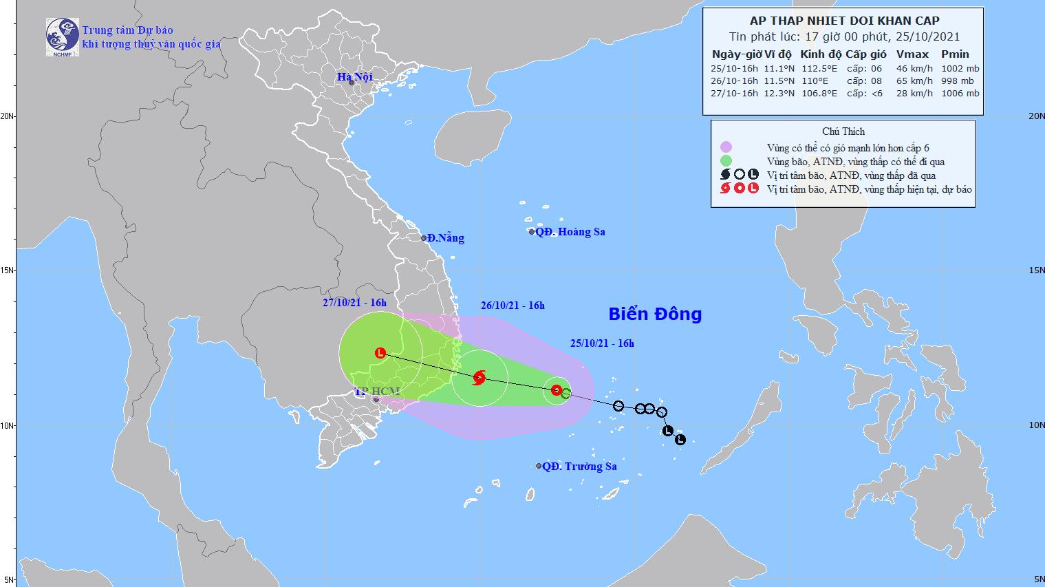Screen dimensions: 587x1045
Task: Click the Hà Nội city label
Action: [x=354, y=76]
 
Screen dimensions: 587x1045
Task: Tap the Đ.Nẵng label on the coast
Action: [x=444, y=238]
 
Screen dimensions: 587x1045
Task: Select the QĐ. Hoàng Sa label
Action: [x=570, y=232]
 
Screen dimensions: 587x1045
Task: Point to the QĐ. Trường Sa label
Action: [x=579, y=467]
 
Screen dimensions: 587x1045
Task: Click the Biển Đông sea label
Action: [x=655, y=314]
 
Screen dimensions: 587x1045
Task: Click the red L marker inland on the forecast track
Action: [x=380, y=353]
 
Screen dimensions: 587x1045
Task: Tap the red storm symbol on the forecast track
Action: [x=480, y=377]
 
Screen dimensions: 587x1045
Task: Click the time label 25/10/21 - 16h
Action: [x=602, y=344]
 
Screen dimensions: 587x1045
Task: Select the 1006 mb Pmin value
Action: [x=962, y=94]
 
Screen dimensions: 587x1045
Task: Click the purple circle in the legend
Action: [x=726, y=147]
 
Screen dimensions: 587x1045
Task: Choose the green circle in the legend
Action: [x=726, y=161]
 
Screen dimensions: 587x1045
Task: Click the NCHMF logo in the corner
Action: [x=62, y=36]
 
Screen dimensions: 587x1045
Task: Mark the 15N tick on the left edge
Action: [x=8, y=270]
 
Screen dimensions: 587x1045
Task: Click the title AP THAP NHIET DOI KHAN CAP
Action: [x=843, y=21]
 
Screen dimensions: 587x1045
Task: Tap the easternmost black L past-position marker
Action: [x=680, y=440]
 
